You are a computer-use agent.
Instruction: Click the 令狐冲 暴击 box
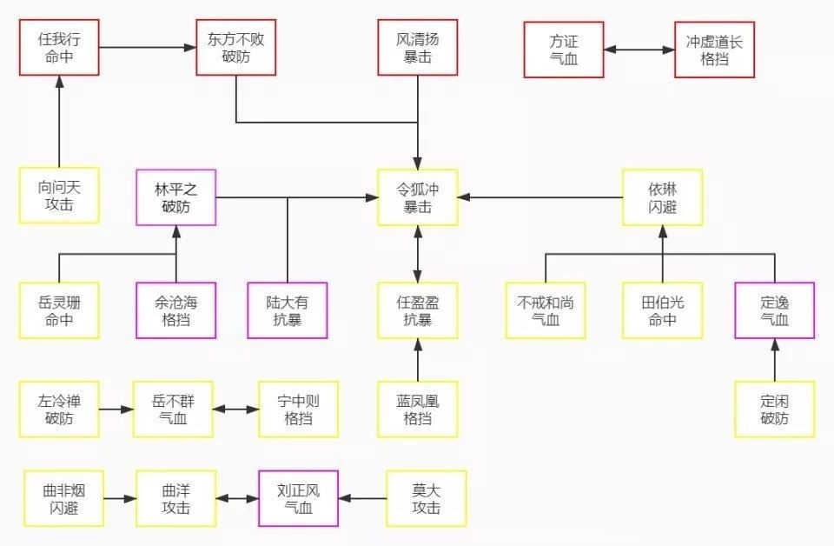click(x=417, y=197)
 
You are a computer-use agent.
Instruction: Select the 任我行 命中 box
click(x=59, y=48)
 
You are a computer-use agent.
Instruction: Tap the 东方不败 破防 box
click(x=235, y=48)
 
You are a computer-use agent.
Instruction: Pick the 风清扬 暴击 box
click(x=417, y=48)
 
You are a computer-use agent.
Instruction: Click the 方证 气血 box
click(x=564, y=50)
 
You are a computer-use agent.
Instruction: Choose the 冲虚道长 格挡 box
click(x=714, y=50)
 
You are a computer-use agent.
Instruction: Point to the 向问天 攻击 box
click(x=59, y=195)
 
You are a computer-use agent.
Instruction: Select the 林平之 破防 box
click(x=176, y=197)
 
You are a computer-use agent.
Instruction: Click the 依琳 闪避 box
click(x=662, y=197)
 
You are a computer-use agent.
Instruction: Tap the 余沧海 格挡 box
click(x=176, y=310)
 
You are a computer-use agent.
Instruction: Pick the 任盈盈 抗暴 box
click(x=417, y=310)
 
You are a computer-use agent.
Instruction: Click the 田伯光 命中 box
click(x=662, y=310)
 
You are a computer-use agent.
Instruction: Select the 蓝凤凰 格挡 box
click(x=417, y=409)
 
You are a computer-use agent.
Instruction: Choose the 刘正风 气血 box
click(x=298, y=498)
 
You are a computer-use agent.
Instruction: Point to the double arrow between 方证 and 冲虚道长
click(x=639, y=50)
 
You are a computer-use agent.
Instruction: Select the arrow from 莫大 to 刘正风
click(x=362, y=499)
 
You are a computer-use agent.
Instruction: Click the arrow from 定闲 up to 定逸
click(x=775, y=360)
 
